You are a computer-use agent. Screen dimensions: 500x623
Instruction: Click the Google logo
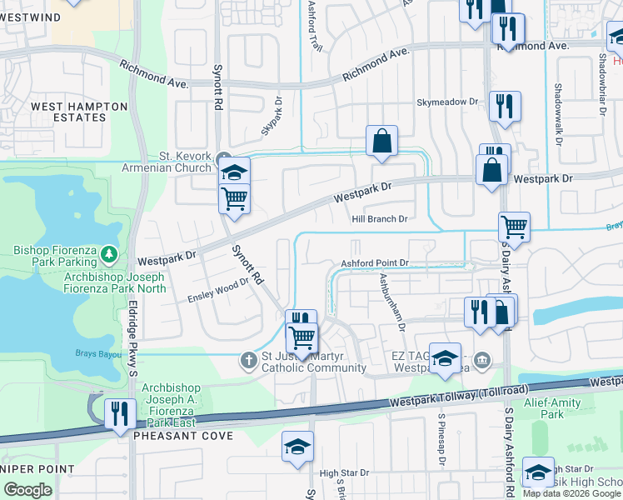(x=27, y=490)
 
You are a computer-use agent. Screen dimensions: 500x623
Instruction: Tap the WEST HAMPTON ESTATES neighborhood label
(x=79, y=112)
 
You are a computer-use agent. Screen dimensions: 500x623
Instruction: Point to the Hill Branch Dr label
(x=379, y=218)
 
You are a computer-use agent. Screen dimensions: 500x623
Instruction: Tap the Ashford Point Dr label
(x=375, y=263)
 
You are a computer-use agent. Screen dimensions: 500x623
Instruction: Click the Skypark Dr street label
(x=273, y=122)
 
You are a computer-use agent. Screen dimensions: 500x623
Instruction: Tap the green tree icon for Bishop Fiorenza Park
(x=107, y=252)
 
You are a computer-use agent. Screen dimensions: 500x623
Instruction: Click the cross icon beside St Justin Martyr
(x=247, y=361)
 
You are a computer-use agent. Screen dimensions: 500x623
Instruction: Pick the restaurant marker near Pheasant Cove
(x=119, y=412)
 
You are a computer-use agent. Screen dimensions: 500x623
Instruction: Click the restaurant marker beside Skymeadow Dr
(x=505, y=105)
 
